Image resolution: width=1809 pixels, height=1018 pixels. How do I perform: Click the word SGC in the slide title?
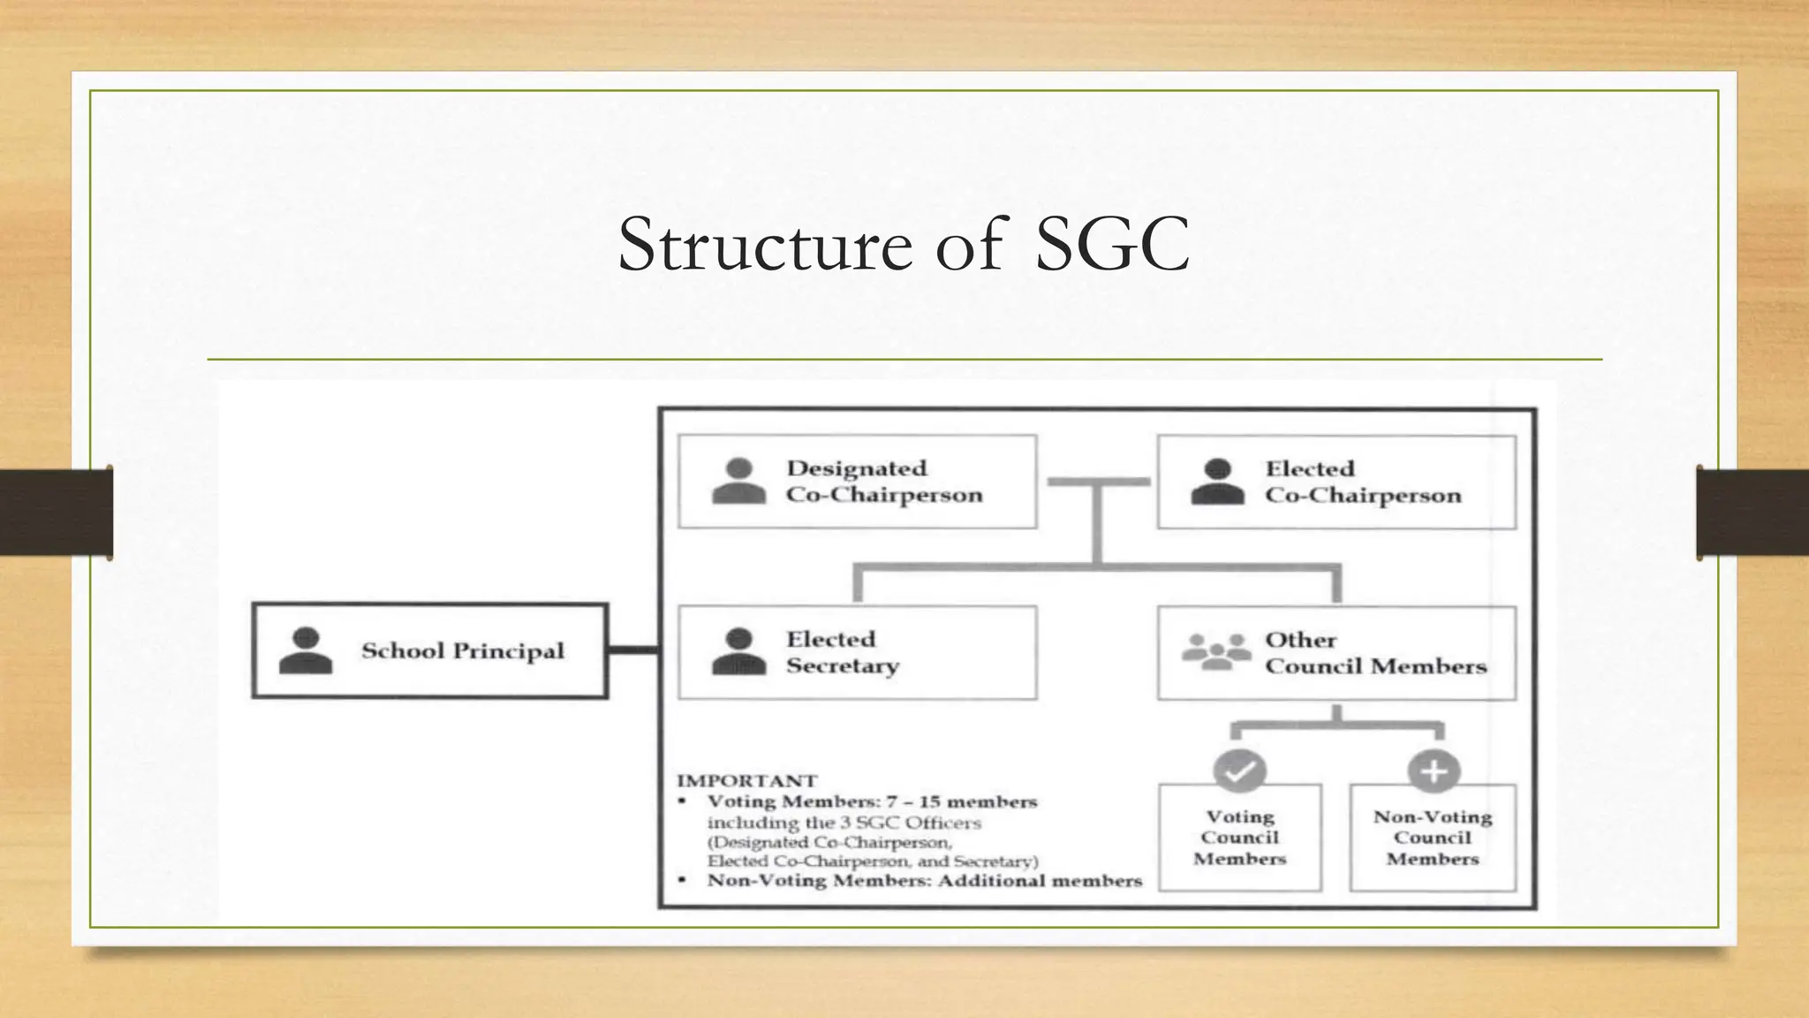pyautogui.click(x=1111, y=246)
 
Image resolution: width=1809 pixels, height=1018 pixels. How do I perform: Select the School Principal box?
pyautogui.click(x=430, y=651)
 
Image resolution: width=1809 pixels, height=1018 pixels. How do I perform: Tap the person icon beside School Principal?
pyautogui.click(x=306, y=651)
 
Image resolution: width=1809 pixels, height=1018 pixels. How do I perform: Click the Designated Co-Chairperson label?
pyautogui.click(x=883, y=482)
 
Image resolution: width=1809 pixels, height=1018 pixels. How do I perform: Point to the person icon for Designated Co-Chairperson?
pyautogui.click(x=738, y=482)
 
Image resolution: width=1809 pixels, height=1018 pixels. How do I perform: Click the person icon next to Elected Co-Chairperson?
pyautogui.click(x=1217, y=482)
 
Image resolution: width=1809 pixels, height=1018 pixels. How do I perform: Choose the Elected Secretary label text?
pyautogui.click(x=841, y=652)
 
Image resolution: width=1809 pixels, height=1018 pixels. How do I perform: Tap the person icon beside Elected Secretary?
pyautogui.click(x=738, y=652)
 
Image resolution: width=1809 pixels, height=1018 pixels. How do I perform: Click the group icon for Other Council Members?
pyautogui.click(x=1216, y=652)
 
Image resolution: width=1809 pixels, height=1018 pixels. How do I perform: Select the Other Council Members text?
pyautogui.click(x=1374, y=653)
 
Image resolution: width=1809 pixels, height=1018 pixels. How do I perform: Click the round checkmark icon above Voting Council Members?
pyautogui.click(x=1239, y=771)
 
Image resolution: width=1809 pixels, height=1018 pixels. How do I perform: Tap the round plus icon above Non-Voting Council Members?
pyautogui.click(x=1433, y=771)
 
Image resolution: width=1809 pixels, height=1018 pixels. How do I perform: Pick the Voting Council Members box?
pyautogui.click(x=1239, y=838)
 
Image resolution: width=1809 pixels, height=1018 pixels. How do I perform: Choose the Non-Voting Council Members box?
pyautogui.click(x=1433, y=838)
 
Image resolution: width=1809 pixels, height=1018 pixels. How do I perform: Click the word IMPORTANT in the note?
pyautogui.click(x=747, y=781)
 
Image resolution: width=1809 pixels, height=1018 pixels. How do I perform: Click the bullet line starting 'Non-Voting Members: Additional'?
pyautogui.click(x=924, y=881)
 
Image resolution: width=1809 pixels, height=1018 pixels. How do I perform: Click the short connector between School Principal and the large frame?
pyautogui.click(x=633, y=651)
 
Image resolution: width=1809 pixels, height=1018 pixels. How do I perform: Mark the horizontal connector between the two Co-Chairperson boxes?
pyautogui.click(x=1098, y=482)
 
